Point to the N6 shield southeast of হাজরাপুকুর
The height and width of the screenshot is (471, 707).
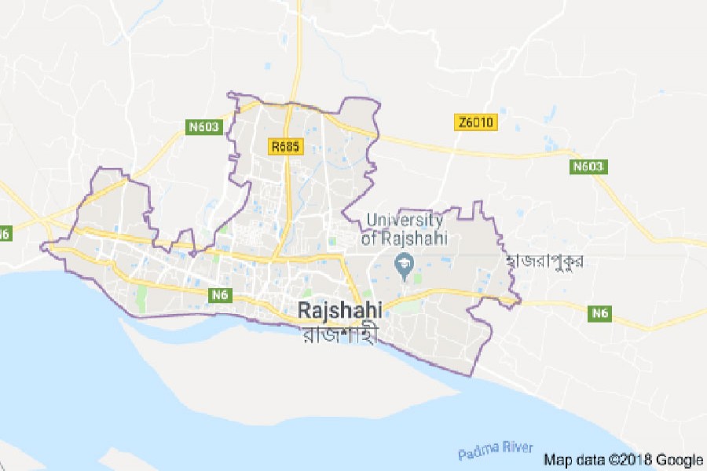(601, 313)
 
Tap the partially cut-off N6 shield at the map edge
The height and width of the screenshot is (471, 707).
(4, 233)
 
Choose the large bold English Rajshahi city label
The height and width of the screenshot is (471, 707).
(340, 311)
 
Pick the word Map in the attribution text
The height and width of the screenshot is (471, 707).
(556, 460)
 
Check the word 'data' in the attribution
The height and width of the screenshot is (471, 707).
(588, 460)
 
